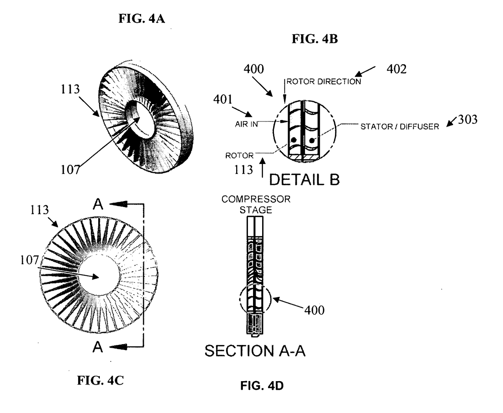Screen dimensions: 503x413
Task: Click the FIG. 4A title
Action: (141, 18)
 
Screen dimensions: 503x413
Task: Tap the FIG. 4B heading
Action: (315, 39)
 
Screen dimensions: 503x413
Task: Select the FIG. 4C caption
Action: (100, 380)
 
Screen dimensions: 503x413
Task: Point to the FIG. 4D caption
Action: (262, 386)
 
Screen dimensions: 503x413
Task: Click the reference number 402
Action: (397, 69)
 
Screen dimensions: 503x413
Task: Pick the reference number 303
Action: (468, 119)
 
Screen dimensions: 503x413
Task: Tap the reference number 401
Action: (223, 99)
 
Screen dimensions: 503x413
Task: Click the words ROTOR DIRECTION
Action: (324, 82)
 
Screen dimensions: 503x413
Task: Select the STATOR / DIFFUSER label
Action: (400, 127)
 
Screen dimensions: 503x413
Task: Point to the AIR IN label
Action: (246, 124)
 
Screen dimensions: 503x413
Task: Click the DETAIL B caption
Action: (304, 180)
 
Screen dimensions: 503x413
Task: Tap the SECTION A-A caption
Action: (255, 351)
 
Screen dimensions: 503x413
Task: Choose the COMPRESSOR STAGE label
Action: (256, 205)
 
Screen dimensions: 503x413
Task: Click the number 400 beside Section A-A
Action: (314, 310)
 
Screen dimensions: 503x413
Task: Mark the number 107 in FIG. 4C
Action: (29, 260)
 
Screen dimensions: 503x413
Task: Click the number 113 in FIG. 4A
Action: (70, 89)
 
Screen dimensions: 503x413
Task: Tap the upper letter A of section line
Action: (98, 205)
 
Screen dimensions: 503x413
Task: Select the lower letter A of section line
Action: (98, 347)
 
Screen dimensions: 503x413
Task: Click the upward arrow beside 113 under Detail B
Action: (263, 168)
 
